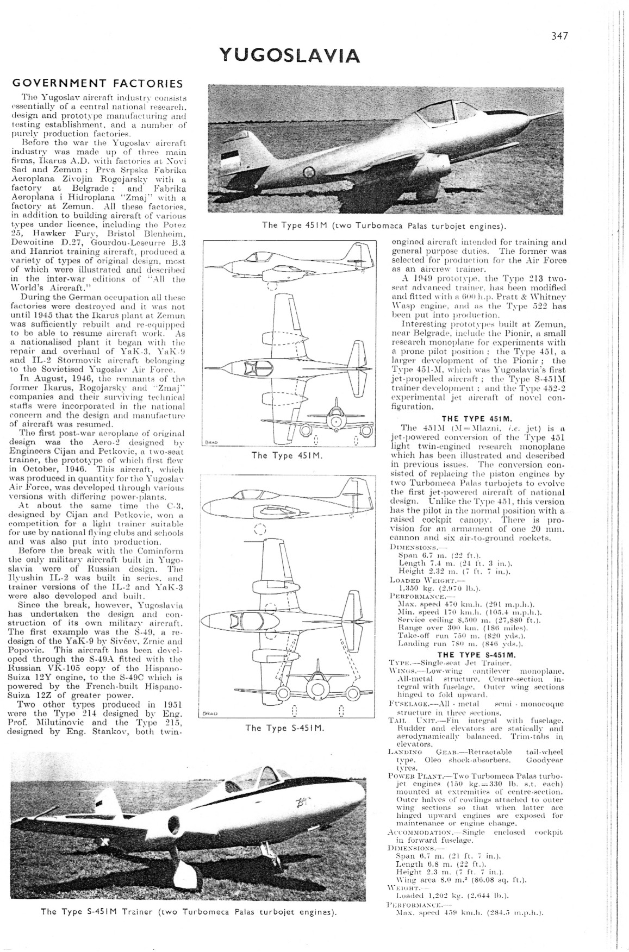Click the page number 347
point(559,36)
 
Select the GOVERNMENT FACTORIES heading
point(98,84)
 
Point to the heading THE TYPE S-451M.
point(477,654)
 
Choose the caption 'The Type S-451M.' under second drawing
point(285,728)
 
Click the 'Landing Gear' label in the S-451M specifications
point(412,751)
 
